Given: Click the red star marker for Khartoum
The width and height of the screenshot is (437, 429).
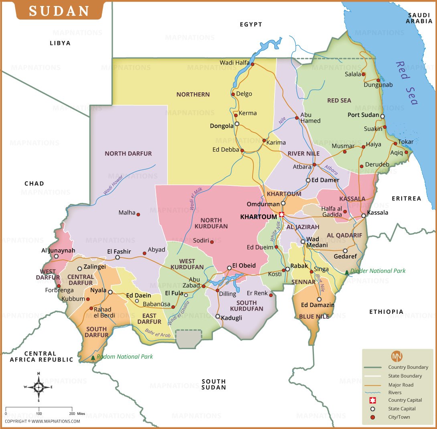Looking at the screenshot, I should click(x=281, y=215).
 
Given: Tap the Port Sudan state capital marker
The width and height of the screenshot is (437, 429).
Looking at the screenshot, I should click(x=382, y=116).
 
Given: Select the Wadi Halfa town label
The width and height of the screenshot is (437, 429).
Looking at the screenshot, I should click(x=235, y=63).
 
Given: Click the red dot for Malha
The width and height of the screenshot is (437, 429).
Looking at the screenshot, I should click(x=138, y=215).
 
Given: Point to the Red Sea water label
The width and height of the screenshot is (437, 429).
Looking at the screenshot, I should click(x=406, y=83).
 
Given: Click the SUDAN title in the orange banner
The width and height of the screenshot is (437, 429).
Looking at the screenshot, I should click(x=59, y=11).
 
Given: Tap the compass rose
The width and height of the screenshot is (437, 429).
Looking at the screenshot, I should click(x=38, y=387).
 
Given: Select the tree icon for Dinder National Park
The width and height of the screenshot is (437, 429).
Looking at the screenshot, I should click(x=347, y=272).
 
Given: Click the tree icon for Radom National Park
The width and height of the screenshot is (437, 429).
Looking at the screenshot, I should click(x=93, y=357).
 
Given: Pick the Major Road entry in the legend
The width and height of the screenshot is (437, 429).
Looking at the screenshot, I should click(x=401, y=385).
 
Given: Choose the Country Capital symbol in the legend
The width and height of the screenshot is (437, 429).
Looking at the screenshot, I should click(x=372, y=400).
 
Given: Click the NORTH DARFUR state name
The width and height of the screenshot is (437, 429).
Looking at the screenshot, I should click(x=128, y=153).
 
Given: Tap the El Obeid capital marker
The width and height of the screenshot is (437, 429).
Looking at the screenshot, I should click(x=229, y=268).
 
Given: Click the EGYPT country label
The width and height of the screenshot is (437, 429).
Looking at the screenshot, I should click(x=251, y=24).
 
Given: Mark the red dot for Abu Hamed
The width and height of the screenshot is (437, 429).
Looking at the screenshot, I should click(x=297, y=118).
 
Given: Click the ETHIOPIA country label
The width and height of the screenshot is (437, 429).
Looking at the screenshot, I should click(x=386, y=311).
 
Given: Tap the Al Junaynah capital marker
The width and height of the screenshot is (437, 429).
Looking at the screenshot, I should click(x=56, y=256).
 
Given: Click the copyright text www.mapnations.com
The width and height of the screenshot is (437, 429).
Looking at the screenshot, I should click(x=42, y=421).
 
